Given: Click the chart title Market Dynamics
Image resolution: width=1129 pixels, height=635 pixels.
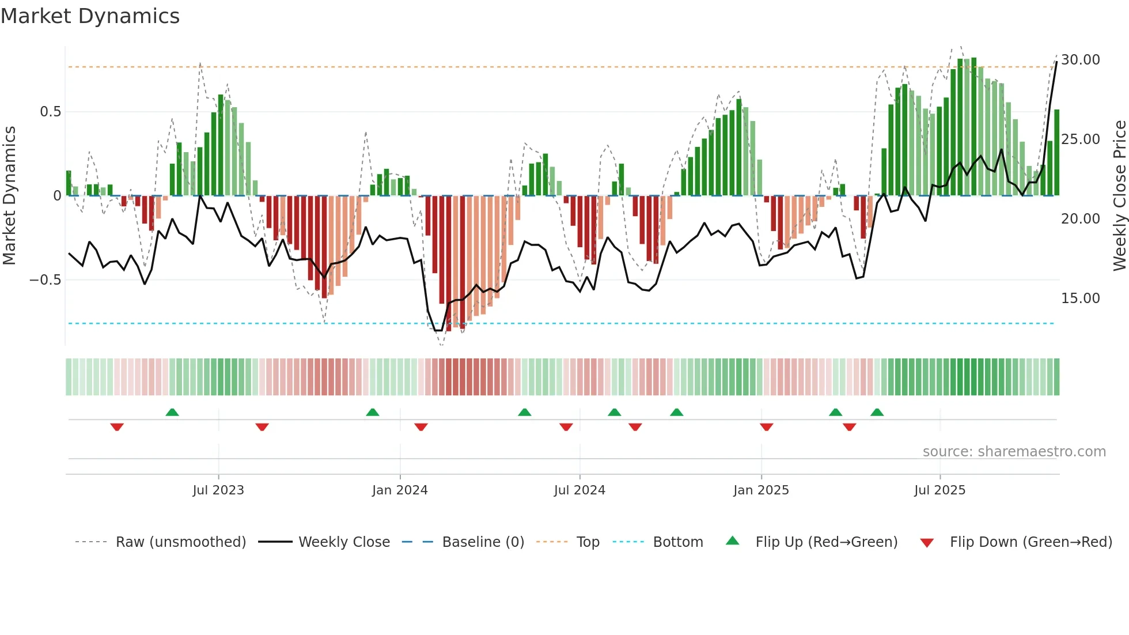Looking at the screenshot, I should (x=90, y=16).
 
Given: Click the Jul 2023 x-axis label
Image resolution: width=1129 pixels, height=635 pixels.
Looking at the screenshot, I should (x=218, y=490).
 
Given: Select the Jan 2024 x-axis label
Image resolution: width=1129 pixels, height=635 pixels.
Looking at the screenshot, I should (x=400, y=490).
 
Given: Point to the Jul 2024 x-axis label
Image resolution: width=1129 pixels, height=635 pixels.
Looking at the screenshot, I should (x=579, y=490).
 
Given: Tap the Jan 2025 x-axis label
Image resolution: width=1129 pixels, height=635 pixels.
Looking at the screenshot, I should (x=761, y=490).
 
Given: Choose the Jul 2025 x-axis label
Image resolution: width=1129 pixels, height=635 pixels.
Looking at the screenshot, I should (x=939, y=490).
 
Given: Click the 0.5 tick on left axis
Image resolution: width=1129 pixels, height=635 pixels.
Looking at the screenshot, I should (x=50, y=111).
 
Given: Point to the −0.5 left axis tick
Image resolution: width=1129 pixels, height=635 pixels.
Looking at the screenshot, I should (x=45, y=279).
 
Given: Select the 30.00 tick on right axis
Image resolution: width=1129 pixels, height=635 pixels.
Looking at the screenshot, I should (x=1081, y=59).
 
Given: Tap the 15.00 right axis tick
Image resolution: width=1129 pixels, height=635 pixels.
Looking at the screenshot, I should (x=1081, y=298).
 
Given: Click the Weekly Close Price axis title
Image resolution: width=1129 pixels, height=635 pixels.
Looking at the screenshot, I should (x=1119, y=196).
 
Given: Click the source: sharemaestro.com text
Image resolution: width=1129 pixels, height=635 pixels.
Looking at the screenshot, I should (x=1014, y=451).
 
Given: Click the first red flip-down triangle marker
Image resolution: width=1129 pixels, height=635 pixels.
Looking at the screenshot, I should (x=117, y=427).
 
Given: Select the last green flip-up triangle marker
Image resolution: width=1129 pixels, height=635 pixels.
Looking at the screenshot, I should (x=877, y=412).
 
